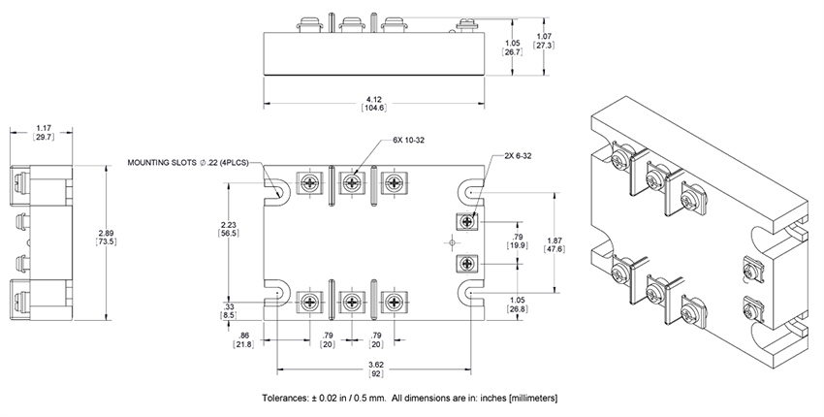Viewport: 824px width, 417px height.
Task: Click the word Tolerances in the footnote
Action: (286, 399)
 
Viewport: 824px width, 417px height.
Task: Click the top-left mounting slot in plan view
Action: (277, 190)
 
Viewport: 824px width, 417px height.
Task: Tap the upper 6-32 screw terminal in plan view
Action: (467, 222)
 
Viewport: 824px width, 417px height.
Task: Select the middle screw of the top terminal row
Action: (353, 182)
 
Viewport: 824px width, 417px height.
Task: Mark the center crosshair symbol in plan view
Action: (451, 242)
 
